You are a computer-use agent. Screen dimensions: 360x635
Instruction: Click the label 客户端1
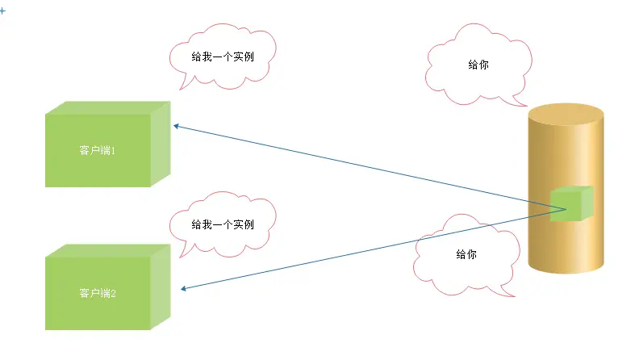[98, 151]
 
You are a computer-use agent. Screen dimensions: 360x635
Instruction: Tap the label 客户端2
[98, 293]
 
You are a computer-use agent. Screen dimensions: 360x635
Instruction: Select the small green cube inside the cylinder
[570, 203]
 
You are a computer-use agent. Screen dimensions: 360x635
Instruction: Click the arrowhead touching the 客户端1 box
[176, 126]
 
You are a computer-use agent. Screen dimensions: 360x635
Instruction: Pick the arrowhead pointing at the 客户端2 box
[186, 289]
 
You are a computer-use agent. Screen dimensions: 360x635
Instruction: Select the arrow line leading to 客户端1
[363, 165]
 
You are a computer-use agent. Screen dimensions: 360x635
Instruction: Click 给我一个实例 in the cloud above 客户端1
[222, 57]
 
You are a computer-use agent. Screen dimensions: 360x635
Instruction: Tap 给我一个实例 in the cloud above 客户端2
[222, 224]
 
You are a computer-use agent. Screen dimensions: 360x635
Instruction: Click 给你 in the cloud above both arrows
[478, 65]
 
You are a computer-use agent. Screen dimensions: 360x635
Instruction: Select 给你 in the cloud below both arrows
[466, 253]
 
